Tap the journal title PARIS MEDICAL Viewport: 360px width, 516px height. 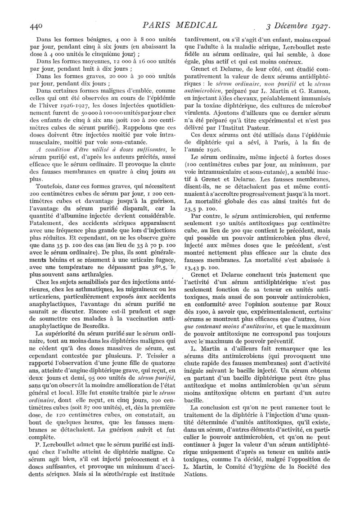[180, 25]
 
